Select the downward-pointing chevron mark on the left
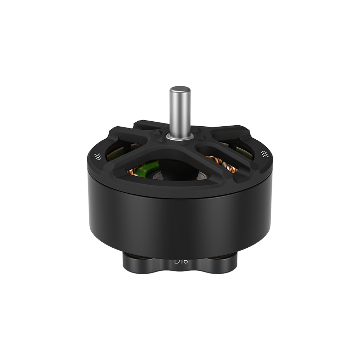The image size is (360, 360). click(x=97, y=156)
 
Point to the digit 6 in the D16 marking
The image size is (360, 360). click(x=185, y=261)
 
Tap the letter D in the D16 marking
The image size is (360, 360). click(x=177, y=261)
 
